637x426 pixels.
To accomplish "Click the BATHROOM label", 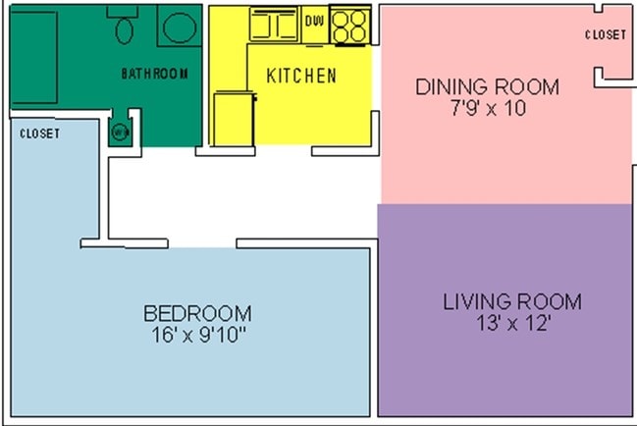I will [154, 74].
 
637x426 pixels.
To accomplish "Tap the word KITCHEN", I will [301, 76].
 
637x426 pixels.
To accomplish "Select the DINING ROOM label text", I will [487, 86].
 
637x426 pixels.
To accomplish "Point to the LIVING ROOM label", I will [511, 301].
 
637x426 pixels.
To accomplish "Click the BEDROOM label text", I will [197, 314].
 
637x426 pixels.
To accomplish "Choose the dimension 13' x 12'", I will [511, 323].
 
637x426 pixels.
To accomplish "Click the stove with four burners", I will [349, 27].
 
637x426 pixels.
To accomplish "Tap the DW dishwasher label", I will [314, 20].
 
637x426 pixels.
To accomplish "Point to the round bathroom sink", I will [179, 27].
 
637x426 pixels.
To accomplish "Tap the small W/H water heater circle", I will [121, 133].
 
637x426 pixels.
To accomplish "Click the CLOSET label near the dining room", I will [605, 35].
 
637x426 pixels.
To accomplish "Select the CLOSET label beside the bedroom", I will [39, 133].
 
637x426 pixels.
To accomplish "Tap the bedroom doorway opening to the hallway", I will [201, 243].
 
